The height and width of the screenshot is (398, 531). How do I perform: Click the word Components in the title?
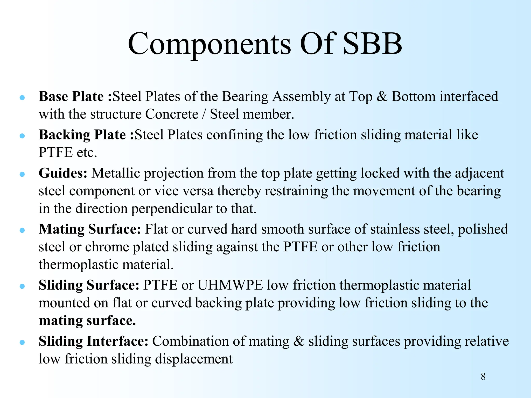(x=209, y=44)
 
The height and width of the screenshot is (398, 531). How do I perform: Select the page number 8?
(x=483, y=376)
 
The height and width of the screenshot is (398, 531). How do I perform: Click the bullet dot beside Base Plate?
(x=22, y=97)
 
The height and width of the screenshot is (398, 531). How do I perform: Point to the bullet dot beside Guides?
(x=22, y=174)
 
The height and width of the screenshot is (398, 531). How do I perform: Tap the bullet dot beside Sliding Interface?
(x=22, y=342)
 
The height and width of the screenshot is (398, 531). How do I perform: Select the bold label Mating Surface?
(x=90, y=229)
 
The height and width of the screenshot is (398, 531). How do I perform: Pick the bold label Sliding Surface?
(x=89, y=285)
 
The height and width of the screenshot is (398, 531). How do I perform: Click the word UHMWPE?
(x=230, y=285)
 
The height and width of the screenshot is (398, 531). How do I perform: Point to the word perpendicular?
(x=171, y=209)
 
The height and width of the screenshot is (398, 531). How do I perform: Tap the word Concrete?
(x=172, y=114)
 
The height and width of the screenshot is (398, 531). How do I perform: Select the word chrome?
(x=107, y=247)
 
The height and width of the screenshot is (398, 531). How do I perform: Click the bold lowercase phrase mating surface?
(x=87, y=321)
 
